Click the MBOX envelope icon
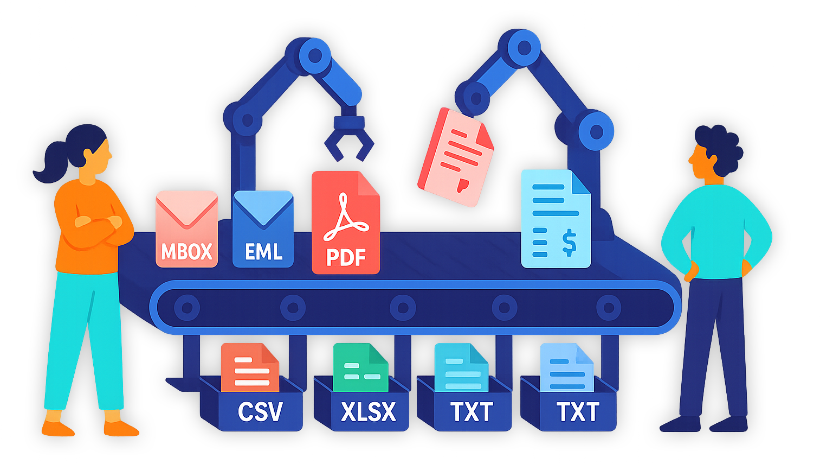(186, 228)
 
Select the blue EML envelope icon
(263, 228)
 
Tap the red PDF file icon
(345, 223)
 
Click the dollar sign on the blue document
(569, 243)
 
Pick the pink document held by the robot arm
(456, 157)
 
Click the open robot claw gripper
(348, 141)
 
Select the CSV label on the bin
(260, 412)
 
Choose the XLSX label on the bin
(369, 412)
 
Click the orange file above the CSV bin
(249, 368)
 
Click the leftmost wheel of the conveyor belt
(187, 308)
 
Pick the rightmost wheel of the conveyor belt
(609, 308)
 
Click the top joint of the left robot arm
(314, 55)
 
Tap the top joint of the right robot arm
(524, 48)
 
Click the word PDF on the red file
(346, 257)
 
